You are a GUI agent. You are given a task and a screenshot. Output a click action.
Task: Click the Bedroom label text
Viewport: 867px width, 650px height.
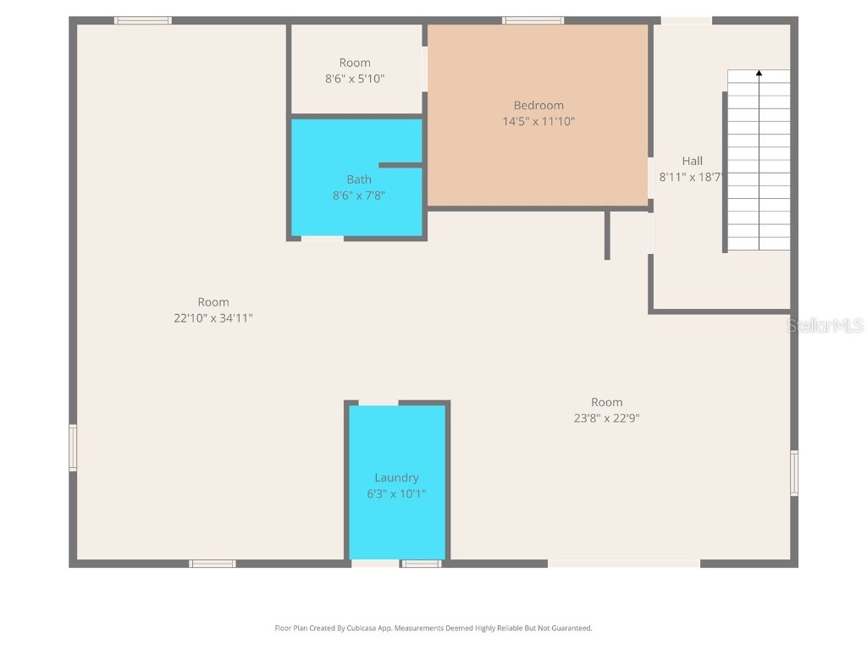[538, 105]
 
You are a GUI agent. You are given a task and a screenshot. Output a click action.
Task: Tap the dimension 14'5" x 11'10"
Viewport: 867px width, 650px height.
[538, 121]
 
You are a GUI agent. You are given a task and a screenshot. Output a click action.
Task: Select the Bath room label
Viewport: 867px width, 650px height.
[358, 179]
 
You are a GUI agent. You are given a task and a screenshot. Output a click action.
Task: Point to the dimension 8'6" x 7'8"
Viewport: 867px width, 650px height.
[358, 196]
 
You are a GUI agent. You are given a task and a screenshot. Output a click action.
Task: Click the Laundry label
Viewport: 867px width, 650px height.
[396, 477]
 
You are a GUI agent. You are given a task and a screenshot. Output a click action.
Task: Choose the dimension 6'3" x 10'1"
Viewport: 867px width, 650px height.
[396, 493]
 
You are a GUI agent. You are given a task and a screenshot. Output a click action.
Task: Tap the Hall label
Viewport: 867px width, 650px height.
[692, 161]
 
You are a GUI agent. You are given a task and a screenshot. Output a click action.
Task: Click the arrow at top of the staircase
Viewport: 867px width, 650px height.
[759, 74]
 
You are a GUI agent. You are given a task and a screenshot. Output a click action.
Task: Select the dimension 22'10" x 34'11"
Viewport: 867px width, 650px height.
[213, 318]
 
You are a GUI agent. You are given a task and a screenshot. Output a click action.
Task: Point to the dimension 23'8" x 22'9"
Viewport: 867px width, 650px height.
[606, 418]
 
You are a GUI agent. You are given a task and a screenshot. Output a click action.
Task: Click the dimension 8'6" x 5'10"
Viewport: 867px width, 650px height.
[355, 79]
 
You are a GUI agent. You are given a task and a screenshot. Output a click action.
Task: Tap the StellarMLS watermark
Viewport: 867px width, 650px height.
[825, 326]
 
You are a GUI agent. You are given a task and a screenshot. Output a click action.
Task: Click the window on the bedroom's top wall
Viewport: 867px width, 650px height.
[533, 20]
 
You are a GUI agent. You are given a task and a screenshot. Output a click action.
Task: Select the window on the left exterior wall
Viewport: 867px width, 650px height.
[73, 448]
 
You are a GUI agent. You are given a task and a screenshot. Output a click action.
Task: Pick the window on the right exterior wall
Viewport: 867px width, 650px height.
[794, 472]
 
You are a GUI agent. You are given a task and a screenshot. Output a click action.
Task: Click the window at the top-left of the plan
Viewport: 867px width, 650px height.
[143, 20]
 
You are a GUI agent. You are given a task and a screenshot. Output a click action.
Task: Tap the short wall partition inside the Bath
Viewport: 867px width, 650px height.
[400, 165]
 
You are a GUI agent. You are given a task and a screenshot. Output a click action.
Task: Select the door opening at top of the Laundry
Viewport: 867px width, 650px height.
[378, 403]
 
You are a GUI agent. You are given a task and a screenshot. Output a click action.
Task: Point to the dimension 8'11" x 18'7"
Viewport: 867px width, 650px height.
[690, 178]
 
